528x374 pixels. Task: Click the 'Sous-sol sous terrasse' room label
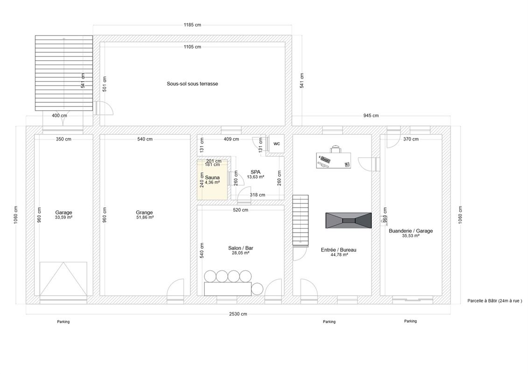[192, 84]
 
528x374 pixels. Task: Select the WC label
[276, 144]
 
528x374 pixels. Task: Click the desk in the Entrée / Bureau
[333, 160]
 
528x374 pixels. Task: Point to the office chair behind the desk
[336, 148]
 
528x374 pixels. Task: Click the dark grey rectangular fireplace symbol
[349, 220]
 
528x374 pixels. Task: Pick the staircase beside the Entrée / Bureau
[300, 220]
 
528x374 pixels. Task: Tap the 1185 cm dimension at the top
[192, 25]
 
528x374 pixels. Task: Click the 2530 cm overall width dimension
[238, 314]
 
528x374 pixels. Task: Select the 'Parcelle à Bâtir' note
[495, 301]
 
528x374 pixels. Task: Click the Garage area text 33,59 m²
[63, 218]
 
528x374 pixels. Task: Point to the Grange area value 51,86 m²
[144, 218]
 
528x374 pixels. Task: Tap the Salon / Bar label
[240, 248]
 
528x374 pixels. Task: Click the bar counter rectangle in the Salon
[228, 289]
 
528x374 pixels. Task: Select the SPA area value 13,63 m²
[255, 177]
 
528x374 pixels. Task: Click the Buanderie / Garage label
[411, 231]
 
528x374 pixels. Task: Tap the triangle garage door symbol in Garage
[63, 279]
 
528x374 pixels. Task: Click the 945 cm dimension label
[371, 116]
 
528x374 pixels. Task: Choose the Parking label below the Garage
[63, 322]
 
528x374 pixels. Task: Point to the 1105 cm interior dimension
[192, 47]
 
